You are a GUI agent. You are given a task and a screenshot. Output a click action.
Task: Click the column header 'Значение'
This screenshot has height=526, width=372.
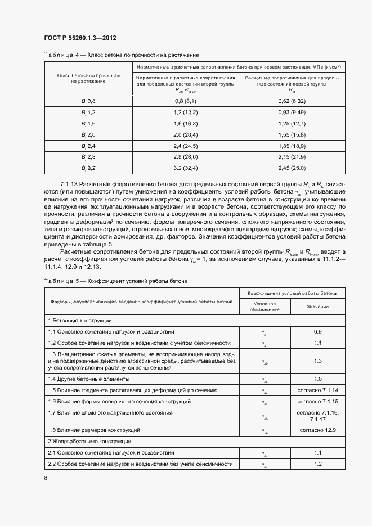point(317,307)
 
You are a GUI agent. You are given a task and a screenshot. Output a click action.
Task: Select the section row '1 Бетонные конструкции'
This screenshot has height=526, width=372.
point(80,320)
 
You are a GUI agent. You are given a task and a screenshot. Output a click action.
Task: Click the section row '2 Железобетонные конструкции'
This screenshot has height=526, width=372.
point(89,442)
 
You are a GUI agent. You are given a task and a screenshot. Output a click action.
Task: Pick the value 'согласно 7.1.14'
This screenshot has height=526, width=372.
point(317,390)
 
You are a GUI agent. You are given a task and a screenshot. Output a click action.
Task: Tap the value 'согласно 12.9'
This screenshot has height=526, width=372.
point(317,430)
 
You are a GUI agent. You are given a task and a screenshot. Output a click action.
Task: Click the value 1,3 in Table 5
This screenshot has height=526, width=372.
point(317,361)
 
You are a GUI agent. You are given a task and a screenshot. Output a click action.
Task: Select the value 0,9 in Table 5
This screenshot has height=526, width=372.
point(317,332)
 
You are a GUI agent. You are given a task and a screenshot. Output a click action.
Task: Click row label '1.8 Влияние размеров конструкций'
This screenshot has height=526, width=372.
point(94,430)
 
